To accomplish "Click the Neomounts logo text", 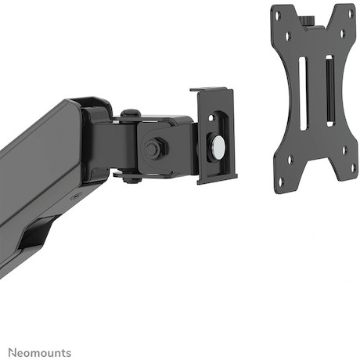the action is click(40, 353).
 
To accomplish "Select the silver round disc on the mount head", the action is click(218, 147).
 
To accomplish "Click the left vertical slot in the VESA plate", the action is click(303, 94).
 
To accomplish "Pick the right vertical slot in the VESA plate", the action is click(329, 91).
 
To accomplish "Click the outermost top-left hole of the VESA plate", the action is click(279, 15).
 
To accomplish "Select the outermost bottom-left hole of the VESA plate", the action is click(281, 181).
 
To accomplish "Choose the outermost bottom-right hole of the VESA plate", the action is click(353, 167).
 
